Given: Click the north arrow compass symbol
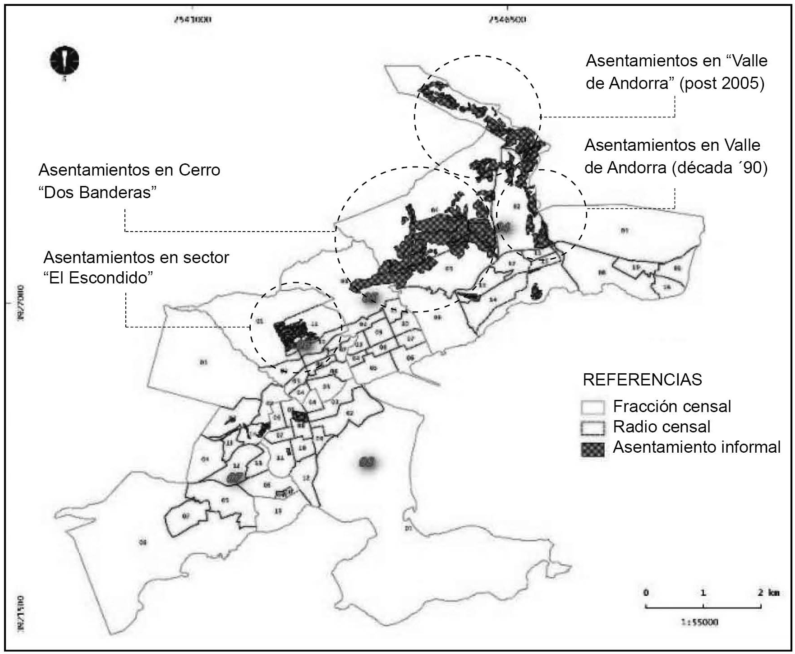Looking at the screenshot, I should pos(65,60).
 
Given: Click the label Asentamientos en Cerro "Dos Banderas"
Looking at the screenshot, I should pos(129,181).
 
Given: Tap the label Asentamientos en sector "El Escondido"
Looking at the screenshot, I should pos(136,267).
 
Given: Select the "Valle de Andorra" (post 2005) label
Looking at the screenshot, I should pos(676,72).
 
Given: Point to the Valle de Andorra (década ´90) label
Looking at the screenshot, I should pos(676,156).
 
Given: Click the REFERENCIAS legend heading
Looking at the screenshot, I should pos(642,380).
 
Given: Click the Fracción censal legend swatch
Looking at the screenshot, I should pos(593,407).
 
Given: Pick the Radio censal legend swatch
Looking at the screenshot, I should pos(593,427).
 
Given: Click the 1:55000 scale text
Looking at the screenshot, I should pos(699,622).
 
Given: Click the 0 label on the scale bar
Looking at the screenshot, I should pos(646,593).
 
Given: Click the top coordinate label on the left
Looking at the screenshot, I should pos(193,20).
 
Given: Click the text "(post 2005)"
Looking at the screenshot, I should pos(721,84).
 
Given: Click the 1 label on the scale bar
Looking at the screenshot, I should pos(703,593).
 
